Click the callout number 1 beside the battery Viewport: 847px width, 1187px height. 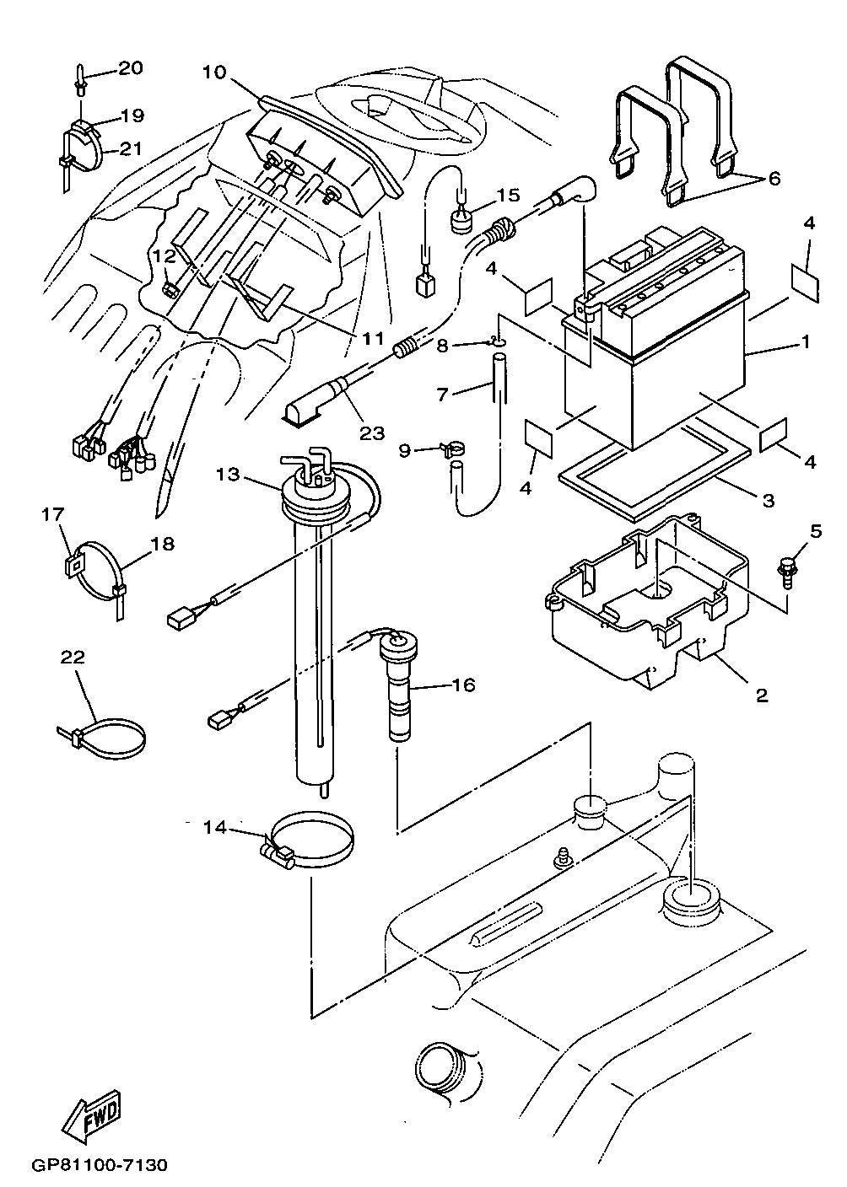click(x=806, y=342)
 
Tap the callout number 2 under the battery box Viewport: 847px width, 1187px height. click(x=761, y=696)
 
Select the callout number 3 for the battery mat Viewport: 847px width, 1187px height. click(x=768, y=500)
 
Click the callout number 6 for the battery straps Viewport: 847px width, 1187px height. click(x=774, y=179)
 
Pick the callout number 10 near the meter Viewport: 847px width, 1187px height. click(x=214, y=73)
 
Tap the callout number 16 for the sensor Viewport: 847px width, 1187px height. click(x=463, y=685)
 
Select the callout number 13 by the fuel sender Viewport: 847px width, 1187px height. click(x=228, y=474)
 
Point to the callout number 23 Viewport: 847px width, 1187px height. click(x=371, y=433)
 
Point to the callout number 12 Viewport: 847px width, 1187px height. click(x=163, y=254)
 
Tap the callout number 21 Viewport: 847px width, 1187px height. click(x=130, y=148)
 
